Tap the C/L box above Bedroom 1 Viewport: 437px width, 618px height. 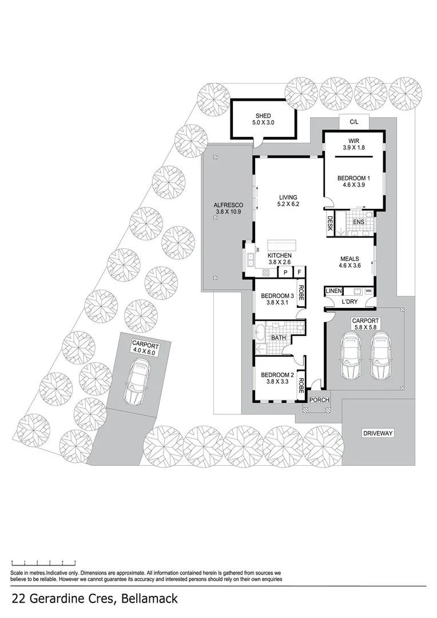353,121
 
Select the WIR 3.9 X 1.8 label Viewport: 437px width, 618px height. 353,144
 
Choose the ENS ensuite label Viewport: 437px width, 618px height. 359,221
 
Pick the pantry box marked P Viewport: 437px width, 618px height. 285,273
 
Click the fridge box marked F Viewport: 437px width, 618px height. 299,273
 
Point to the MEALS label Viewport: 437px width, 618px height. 349,259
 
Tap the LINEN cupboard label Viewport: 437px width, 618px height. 333,291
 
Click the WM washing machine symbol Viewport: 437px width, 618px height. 368,291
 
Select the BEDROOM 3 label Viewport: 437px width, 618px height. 277,296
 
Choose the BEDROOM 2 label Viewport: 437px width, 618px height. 277,375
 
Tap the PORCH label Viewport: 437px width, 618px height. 320,399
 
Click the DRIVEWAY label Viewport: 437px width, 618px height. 378,433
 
